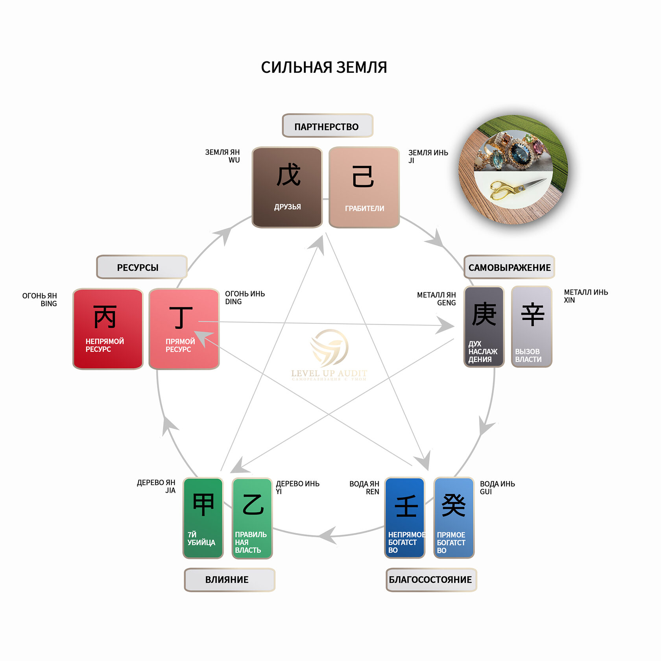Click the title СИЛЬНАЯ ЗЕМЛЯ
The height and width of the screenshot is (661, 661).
324,67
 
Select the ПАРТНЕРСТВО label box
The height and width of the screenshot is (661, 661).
327,126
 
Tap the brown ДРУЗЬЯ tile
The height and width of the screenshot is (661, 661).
287,187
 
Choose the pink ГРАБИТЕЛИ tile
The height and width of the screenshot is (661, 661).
364,187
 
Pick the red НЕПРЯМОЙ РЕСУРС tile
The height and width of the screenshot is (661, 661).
108,329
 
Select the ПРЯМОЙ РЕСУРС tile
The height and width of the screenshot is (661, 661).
184,329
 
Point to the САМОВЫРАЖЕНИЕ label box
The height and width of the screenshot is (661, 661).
509,267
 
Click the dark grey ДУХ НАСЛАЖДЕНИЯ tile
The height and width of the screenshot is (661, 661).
484,327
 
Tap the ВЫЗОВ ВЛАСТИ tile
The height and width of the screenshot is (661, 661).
532,327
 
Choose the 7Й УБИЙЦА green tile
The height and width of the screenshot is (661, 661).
203,518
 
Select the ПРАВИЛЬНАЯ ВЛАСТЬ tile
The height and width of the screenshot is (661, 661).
252,518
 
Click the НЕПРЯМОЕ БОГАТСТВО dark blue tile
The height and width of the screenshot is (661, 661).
404,518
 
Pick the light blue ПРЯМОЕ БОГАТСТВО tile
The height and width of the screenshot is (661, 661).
454,518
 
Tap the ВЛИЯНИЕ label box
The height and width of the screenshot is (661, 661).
229,580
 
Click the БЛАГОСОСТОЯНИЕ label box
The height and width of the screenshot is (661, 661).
431,580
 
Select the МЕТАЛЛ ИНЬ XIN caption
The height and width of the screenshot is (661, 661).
585,296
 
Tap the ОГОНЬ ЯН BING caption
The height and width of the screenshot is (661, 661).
40,299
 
